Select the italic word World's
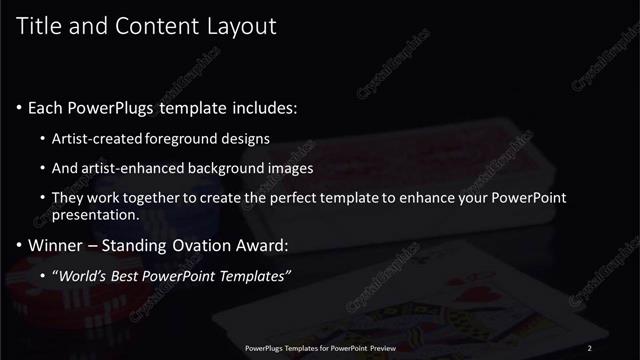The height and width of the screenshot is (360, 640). (83, 276)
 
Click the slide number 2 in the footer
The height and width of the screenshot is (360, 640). (590, 348)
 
